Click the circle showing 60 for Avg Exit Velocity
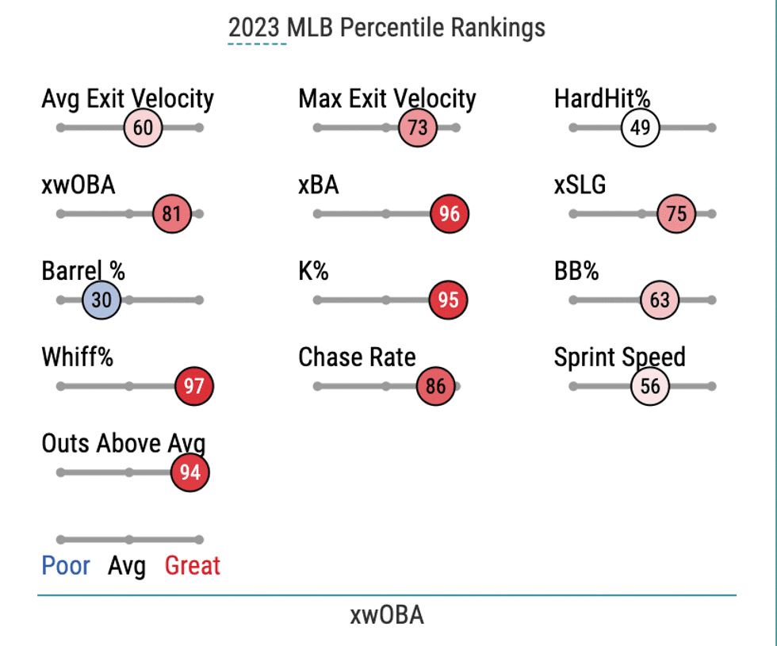pos(143,128)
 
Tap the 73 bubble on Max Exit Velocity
pos(418,128)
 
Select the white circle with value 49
pos(641,128)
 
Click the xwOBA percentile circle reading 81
pos(172,214)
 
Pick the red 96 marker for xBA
pos(450,214)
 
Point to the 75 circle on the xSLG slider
pos(677,214)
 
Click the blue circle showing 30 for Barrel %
pos(101,300)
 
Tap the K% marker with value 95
pos(449,300)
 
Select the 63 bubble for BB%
pos(660,300)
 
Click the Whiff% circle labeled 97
pos(194,387)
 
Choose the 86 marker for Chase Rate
pos(435,387)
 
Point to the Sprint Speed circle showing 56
pos(650,387)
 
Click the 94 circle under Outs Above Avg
pos(189,473)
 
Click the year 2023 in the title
pos(255,28)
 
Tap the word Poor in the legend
pos(66,566)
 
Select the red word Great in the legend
pos(193,566)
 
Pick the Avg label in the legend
pos(127,566)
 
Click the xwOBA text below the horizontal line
pos(387,615)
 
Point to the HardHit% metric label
pos(602,99)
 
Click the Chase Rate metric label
pos(357,357)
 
